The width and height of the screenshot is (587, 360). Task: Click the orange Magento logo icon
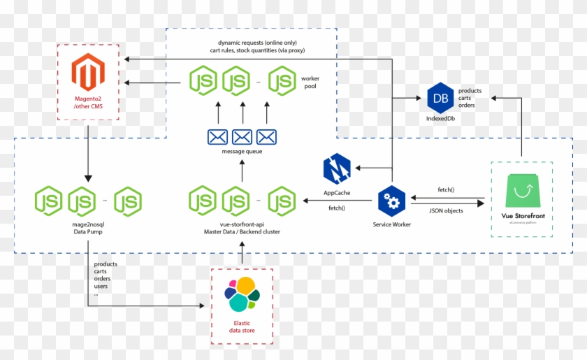coord(88,73)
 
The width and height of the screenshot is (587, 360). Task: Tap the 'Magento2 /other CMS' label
coord(88,105)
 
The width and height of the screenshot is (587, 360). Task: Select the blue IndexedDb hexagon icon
coord(441,98)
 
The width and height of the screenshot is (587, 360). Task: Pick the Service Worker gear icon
coord(391,202)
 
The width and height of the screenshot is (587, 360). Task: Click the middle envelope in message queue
coord(242,137)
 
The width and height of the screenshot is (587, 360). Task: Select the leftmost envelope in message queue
coord(217,137)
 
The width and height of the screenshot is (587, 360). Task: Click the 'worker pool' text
coord(310,82)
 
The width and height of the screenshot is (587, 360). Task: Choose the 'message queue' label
coord(242,152)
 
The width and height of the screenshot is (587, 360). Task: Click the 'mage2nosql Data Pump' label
coord(89,227)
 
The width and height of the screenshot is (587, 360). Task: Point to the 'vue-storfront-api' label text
coord(241,223)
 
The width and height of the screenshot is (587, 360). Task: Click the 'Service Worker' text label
coord(391,224)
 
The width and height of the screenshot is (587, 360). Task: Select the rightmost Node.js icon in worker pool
coord(283,80)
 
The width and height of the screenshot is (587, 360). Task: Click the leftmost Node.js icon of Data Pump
coord(50,201)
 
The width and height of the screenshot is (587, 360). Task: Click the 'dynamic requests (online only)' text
coord(257,42)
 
